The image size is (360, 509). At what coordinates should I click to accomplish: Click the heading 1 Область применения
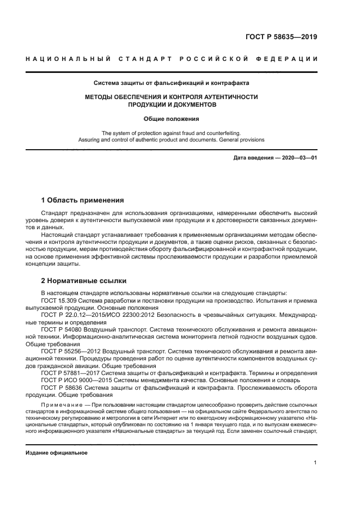pyautogui.click(x=82, y=200)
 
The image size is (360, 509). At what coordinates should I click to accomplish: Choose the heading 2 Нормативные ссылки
pyautogui.click(x=84, y=281)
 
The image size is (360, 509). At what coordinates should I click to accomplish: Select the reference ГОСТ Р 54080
pyautogui.click(x=63, y=329)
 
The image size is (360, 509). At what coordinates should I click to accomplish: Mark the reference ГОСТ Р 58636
pyautogui.click(x=63, y=388)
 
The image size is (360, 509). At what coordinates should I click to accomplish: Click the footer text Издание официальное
pyautogui.click(x=57, y=452)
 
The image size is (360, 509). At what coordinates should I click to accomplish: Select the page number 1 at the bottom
pyautogui.click(x=315, y=462)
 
